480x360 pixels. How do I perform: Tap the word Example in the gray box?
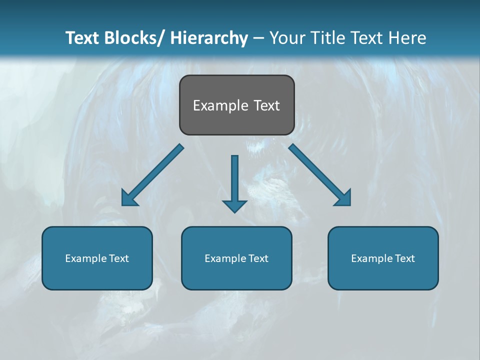click(220, 105)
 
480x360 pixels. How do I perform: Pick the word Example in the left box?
click(83, 258)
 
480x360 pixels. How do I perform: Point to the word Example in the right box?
click(369, 258)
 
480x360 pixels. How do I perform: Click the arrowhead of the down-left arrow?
click(128, 199)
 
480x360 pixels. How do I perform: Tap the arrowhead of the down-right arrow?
click(344, 199)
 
